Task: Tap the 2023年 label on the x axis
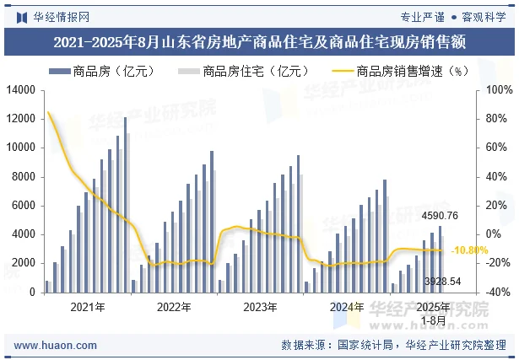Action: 260,307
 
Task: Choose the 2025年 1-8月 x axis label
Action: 433,312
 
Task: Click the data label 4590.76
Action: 440,216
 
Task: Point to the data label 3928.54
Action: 442,281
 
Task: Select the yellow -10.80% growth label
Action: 470,250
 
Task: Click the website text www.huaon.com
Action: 50,345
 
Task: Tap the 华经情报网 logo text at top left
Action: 59,16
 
